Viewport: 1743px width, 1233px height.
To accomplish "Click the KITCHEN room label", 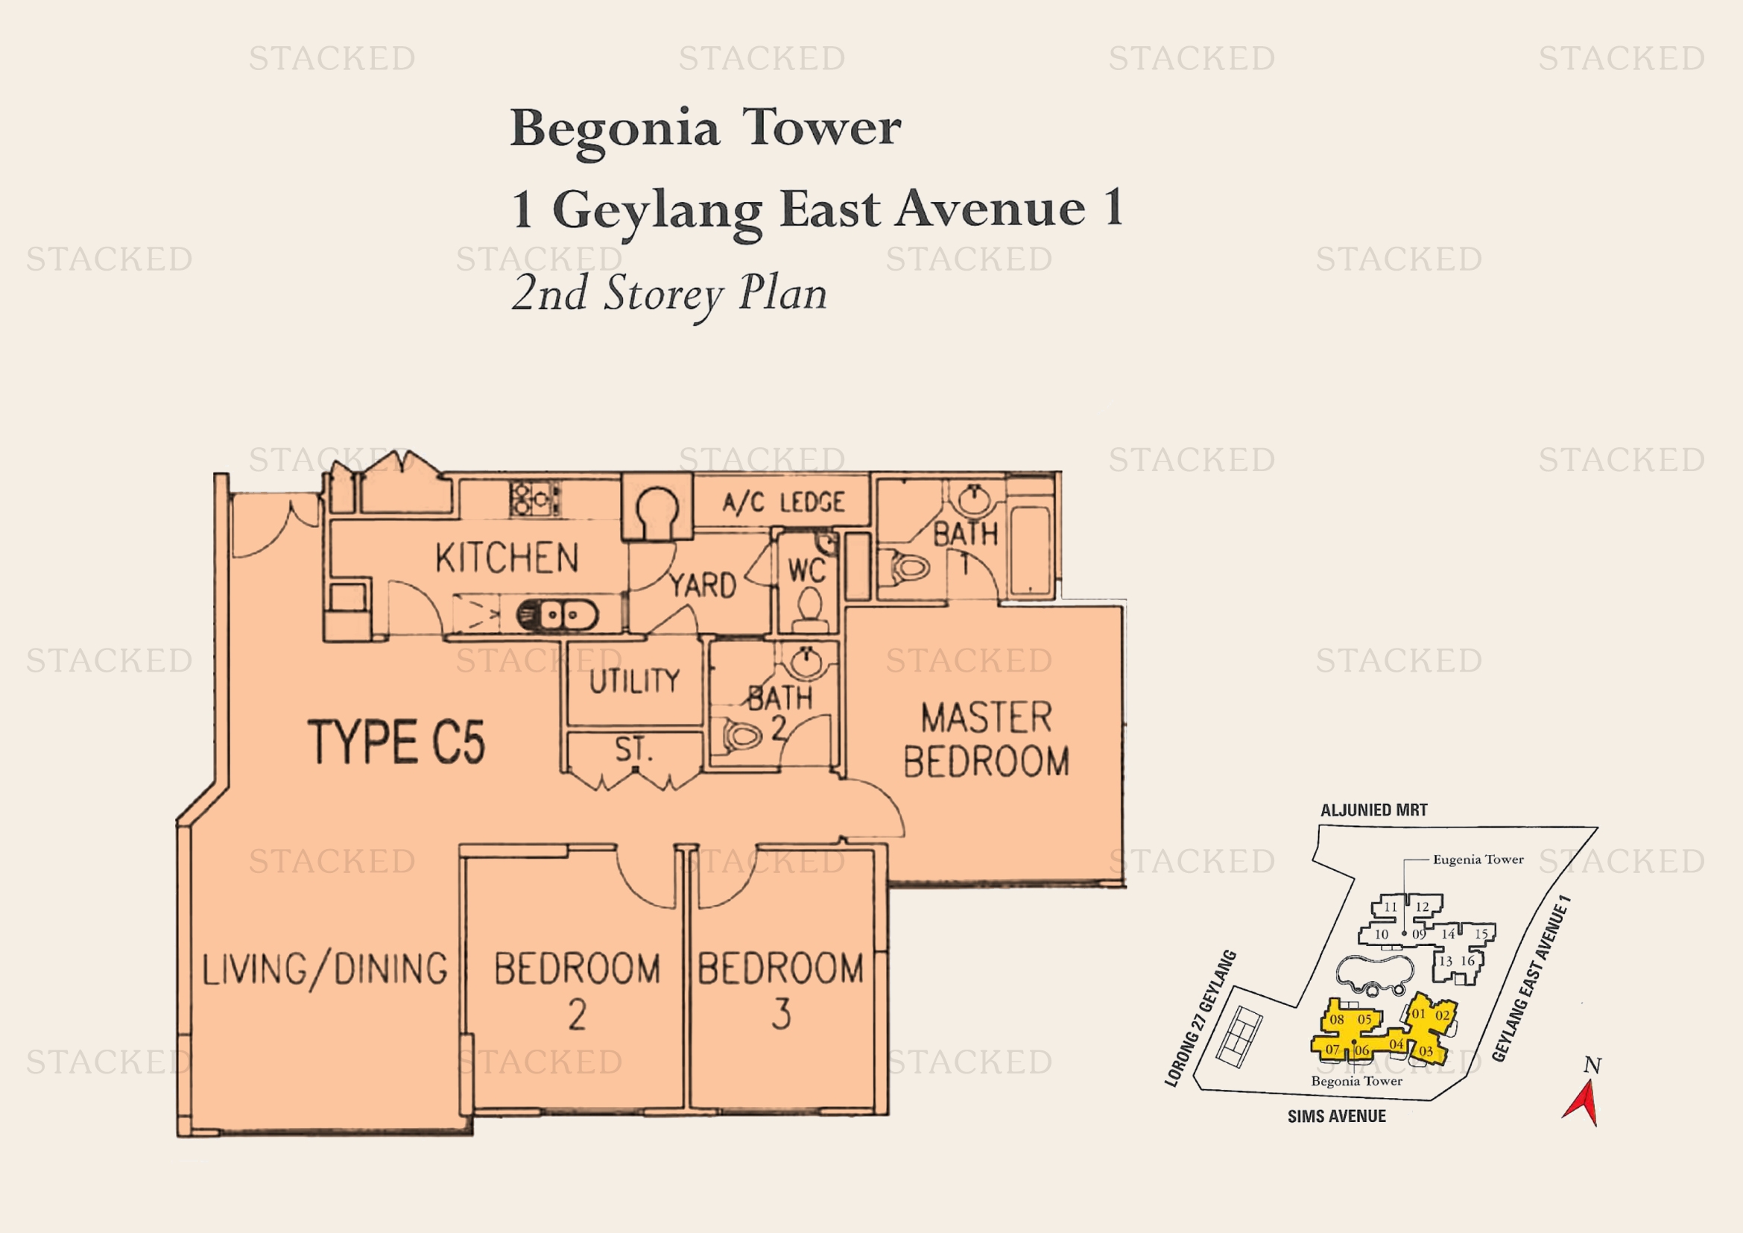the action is (x=507, y=558).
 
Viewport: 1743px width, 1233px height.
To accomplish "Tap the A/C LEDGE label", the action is (x=783, y=502).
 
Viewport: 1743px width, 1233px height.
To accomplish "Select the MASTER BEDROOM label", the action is (x=987, y=740).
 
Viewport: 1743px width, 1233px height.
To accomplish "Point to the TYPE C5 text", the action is (x=396, y=742).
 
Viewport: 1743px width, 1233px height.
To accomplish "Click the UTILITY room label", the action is (x=635, y=681).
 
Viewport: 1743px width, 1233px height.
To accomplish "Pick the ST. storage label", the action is (x=634, y=749).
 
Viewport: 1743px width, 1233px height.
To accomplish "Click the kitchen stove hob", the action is (x=535, y=499).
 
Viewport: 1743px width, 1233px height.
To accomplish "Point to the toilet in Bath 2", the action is (x=741, y=735).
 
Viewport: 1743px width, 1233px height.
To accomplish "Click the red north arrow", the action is (x=1583, y=1103).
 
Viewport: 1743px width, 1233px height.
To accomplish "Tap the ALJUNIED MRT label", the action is (x=1374, y=810).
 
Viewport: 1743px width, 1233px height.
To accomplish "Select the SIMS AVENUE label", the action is (x=1337, y=1116).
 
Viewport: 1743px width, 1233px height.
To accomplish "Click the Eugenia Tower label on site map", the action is (x=1478, y=860).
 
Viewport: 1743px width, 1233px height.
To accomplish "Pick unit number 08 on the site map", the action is (x=1337, y=1020).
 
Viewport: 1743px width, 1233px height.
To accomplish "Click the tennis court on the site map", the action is (x=1239, y=1036).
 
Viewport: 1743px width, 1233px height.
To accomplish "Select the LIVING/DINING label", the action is (x=325, y=971).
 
